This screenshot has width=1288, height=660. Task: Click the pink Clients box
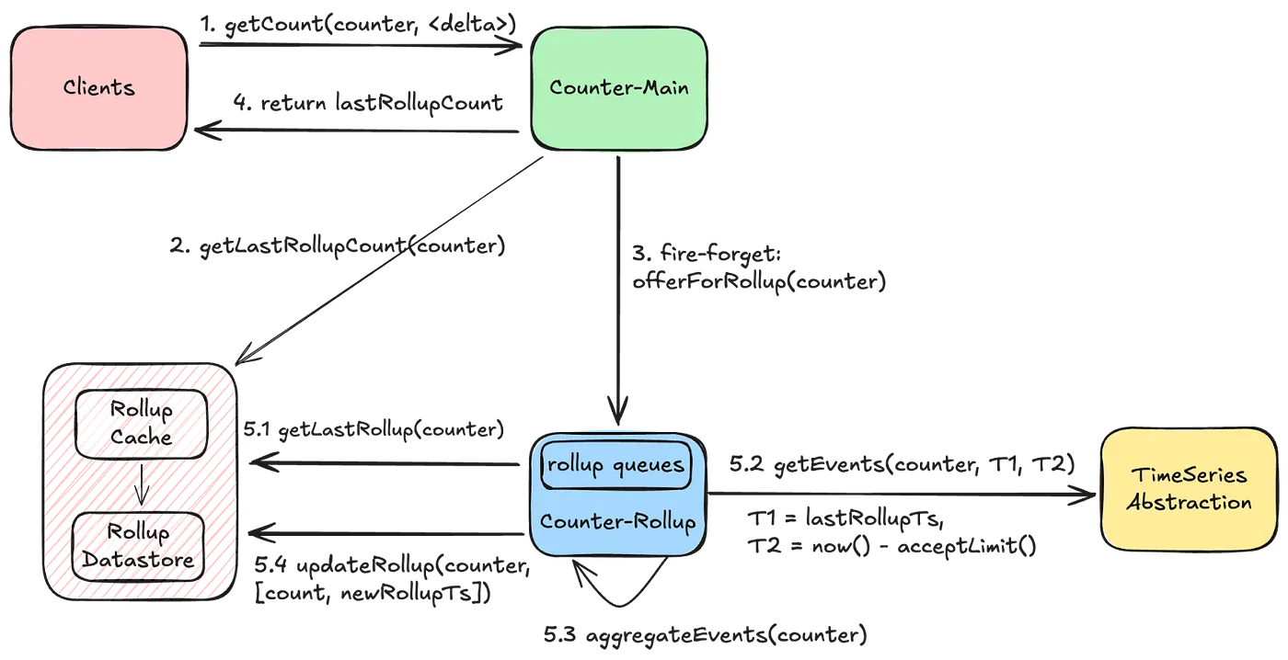tap(98, 88)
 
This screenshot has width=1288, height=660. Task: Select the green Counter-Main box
tap(618, 88)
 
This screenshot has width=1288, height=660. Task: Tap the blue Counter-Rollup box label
tap(617, 521)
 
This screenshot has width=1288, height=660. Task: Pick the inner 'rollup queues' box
tap(615, 466)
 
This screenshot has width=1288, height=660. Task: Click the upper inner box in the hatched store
tap(141, 425)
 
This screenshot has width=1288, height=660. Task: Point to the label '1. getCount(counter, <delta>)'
tap(358, 25)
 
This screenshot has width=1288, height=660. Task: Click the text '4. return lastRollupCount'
tap(368, 102)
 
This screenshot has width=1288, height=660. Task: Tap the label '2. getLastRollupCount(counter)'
tap(338, 248)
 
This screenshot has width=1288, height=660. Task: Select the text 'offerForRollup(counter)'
tap(771, 281)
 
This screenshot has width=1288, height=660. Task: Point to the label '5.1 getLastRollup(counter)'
tap(374, 429)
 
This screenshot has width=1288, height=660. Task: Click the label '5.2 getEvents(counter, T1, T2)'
tap(902, 465)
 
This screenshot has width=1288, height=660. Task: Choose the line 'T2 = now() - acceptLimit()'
tap(891, 547)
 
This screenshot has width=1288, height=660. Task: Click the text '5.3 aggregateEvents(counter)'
tap(704, 635)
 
